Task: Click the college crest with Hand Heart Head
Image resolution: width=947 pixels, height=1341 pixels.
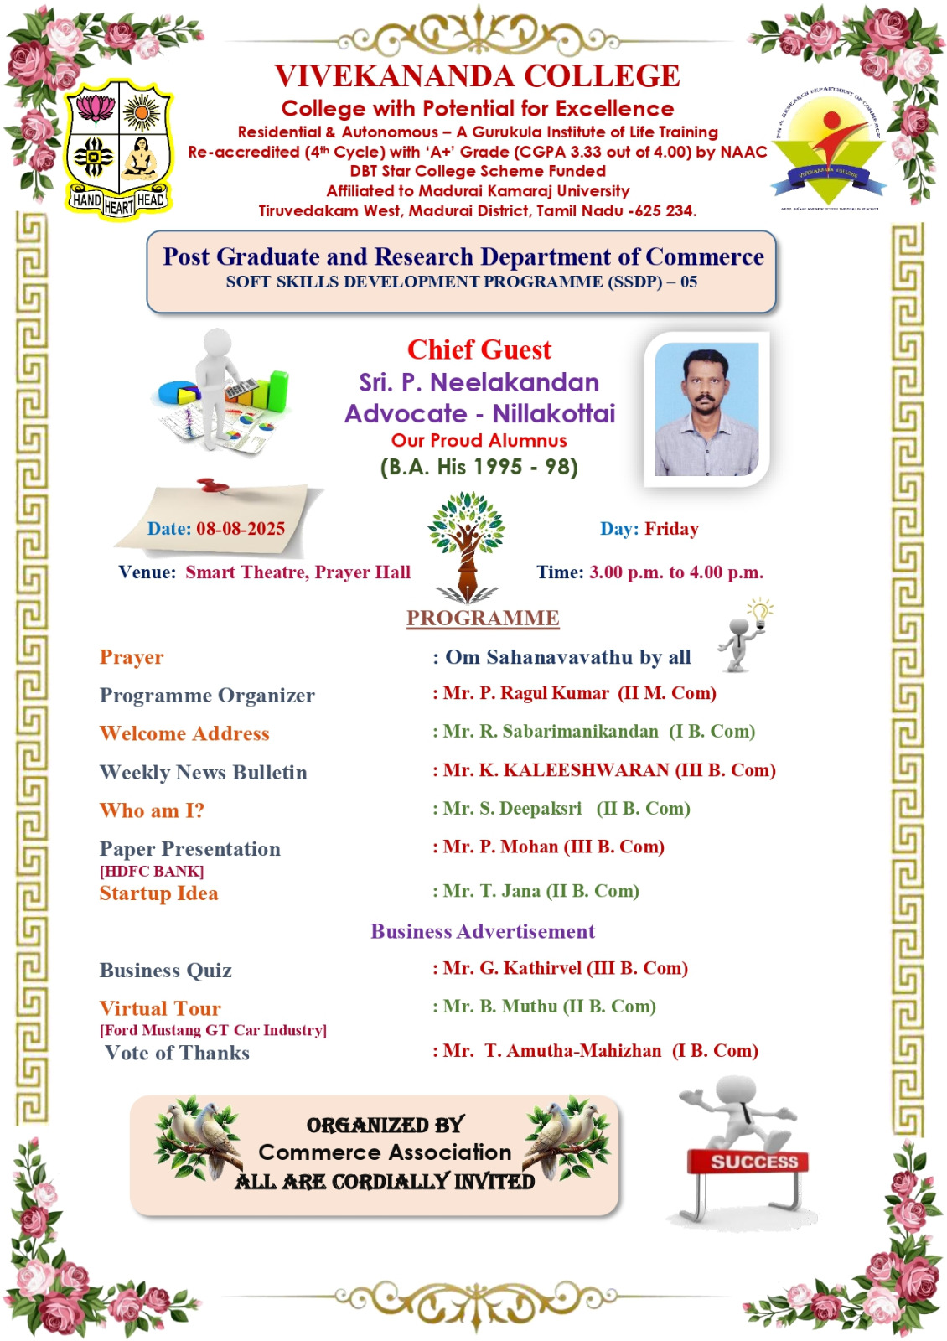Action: (x=119, y=149)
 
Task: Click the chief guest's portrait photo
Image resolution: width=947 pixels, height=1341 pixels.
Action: (x=706, y=410)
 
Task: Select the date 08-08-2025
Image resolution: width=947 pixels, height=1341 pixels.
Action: (x=241, y=529)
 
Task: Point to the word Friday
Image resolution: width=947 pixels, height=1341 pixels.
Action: (x=671, y=529)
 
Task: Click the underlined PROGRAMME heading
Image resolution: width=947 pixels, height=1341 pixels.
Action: (x=483, y=619)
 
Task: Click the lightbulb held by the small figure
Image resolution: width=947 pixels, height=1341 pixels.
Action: (x=760, y=611)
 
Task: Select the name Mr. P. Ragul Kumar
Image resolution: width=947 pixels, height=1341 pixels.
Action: (x=526, y=693)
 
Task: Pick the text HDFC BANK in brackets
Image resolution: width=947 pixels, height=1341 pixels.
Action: (x=152, y=872)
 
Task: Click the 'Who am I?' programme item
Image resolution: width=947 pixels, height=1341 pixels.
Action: (x=152, y=810)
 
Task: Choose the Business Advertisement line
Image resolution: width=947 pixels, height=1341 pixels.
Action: (x=483, y=931)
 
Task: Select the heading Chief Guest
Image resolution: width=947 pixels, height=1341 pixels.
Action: (x=479, y=349)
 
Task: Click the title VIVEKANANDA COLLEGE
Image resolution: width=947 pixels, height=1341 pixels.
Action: (x=478, y=76)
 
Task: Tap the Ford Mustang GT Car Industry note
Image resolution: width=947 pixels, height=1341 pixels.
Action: (x=213, y=1030)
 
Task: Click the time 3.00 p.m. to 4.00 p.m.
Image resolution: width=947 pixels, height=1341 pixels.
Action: (x=676, y=572)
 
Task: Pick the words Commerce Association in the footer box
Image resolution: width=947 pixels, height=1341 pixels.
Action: (x=385, y=1152)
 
